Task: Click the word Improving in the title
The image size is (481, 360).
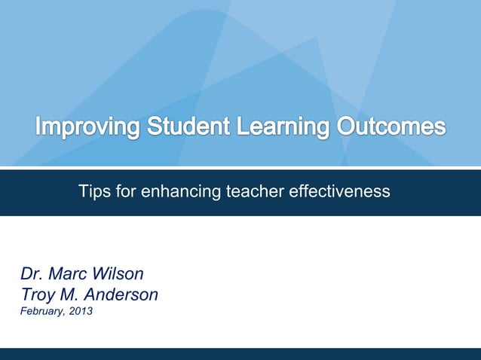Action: point(87,127)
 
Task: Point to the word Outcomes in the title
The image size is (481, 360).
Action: point(391,125)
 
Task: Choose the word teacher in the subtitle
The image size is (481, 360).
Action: point(255,192)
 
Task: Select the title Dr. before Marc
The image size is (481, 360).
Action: point(33,273)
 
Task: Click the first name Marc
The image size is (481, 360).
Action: point(72,273)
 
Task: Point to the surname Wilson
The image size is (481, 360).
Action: point(121,273)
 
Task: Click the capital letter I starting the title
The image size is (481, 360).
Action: point(39,125)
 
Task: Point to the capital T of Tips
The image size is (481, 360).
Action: point(83,192)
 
